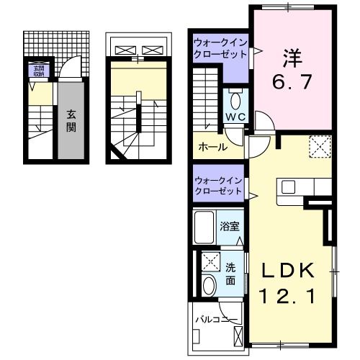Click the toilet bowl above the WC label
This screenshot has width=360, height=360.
235,99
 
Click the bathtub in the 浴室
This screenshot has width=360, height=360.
206,228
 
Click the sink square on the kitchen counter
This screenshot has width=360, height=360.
288,187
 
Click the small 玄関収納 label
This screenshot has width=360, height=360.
36,71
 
